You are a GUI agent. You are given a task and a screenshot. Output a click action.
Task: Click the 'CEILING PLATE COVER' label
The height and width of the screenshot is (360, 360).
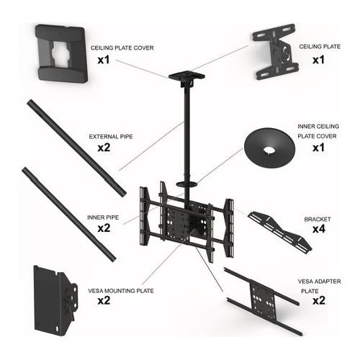coord(122,48)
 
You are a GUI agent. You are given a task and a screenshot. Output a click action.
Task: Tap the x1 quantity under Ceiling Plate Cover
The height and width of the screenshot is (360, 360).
coord(104,60)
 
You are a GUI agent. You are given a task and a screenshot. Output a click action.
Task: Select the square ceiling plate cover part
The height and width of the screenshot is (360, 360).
coord(62,53)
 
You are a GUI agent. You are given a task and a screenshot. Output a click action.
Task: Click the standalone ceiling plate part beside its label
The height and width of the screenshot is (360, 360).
coord(275,51)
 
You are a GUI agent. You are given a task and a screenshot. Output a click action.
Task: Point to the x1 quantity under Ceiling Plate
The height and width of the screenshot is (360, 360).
coord(318,60)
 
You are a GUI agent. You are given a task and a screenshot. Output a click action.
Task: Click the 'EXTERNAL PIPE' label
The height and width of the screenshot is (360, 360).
coord(111,137)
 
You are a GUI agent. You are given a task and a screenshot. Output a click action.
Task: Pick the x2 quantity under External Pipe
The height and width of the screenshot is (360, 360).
coord(104,148)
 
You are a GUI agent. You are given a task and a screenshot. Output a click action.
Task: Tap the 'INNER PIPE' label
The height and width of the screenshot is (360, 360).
coord(103,217)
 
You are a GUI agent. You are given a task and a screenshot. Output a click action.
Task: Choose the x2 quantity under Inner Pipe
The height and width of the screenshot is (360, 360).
coord(104,228)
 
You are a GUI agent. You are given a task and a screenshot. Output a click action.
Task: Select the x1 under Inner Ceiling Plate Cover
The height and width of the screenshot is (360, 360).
coord(318,148)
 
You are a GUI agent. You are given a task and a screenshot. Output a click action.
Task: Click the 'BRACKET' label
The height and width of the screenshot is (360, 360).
coord(318,219)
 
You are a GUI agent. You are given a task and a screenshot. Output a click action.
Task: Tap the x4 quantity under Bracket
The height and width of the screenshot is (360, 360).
coord(319,229)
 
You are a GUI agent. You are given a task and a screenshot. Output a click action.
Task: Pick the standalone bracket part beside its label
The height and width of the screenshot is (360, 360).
coord(280,231)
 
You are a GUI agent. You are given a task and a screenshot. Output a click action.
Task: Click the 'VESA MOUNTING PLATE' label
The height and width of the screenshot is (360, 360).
coord(121,291)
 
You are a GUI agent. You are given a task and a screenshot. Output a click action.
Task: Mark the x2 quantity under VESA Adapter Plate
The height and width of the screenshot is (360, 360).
coord(319,300)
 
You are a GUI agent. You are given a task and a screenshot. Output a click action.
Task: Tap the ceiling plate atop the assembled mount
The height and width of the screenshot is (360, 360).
coord(186,76)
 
